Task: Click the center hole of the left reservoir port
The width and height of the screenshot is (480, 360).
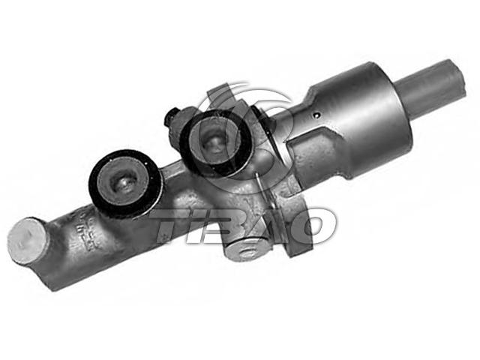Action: coord(124,184)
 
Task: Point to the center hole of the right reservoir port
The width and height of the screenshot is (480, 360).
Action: coord(215,143)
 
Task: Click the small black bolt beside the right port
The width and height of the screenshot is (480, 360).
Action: coord(172,118)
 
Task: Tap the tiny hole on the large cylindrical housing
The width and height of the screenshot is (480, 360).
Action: coord(317,115)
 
